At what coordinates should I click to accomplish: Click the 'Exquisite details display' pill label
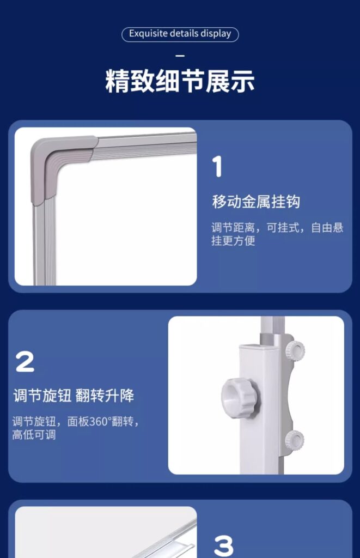180,34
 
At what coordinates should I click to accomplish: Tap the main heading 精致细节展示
180,82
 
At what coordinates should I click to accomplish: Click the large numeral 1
217,167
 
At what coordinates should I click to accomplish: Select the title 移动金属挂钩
256,202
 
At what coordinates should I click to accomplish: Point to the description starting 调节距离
277,234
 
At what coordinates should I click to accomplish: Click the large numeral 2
25,362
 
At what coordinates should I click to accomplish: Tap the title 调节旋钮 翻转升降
74,396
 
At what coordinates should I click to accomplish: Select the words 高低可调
34,434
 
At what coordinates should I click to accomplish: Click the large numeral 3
224,546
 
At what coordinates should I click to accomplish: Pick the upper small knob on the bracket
296,350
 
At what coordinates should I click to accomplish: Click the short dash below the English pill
180,56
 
